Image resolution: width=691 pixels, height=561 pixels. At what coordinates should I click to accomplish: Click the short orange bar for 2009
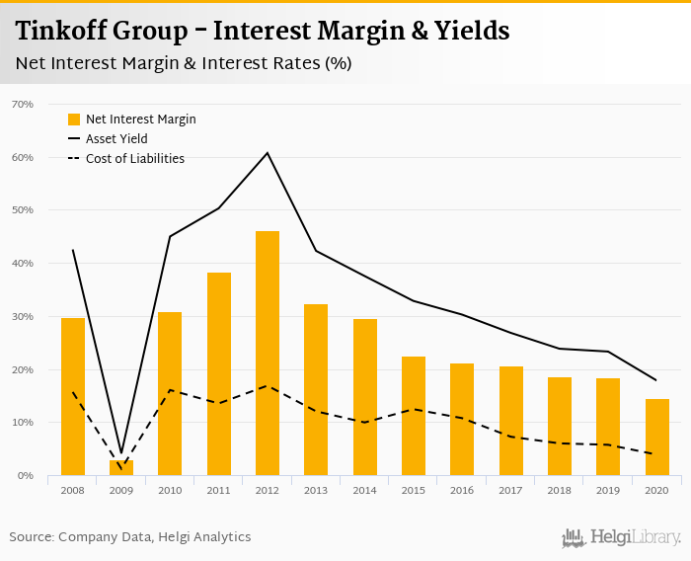[x=121, y=468]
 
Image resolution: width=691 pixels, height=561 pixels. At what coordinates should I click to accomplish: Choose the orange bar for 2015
[x=414, y=416]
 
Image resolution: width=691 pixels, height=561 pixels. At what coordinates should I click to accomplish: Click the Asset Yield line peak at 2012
[x=268, y=153]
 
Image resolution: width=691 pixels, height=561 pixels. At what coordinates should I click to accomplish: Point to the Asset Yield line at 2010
[x=170, y=236]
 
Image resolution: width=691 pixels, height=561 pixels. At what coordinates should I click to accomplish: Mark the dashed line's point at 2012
[x=268, y=385]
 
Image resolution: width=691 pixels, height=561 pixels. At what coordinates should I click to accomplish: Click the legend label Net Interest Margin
[x=140, y=120]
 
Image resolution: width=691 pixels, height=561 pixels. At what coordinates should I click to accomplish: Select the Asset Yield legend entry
[x=116, y=139]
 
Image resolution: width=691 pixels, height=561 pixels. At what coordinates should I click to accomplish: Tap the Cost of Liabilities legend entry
[x=134, y=158]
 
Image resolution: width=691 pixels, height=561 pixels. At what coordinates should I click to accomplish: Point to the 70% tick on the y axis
[x=22, y=104]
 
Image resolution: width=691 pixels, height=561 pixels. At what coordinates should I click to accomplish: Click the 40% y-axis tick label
[x=22, y=264]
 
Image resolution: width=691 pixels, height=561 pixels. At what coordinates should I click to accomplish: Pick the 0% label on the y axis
[x=25, y=476]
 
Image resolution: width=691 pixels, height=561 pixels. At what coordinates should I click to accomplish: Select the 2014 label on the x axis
[x=365, y=490]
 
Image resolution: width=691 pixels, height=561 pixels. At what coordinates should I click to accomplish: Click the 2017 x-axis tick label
[x=511, y=490]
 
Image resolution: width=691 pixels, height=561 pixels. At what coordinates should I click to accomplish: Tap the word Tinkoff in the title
[x=56, y=31]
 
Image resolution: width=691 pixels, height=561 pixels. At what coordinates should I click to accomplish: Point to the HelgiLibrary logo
[x=621, y=537]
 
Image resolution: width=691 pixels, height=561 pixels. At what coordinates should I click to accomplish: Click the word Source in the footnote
[x=31, y=537]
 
